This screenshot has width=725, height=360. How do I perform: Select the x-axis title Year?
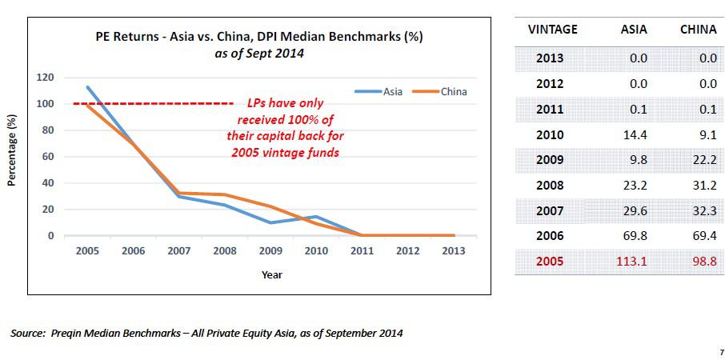click(x=272, y=274)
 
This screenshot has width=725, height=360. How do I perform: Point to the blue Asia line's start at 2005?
click(x=87, y=86)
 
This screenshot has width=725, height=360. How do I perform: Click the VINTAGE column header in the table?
click(x=553, y=30)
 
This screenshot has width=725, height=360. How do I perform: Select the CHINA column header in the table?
click(x=698, y=30)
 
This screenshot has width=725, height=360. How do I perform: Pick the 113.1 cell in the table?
click(x=633, y=262)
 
